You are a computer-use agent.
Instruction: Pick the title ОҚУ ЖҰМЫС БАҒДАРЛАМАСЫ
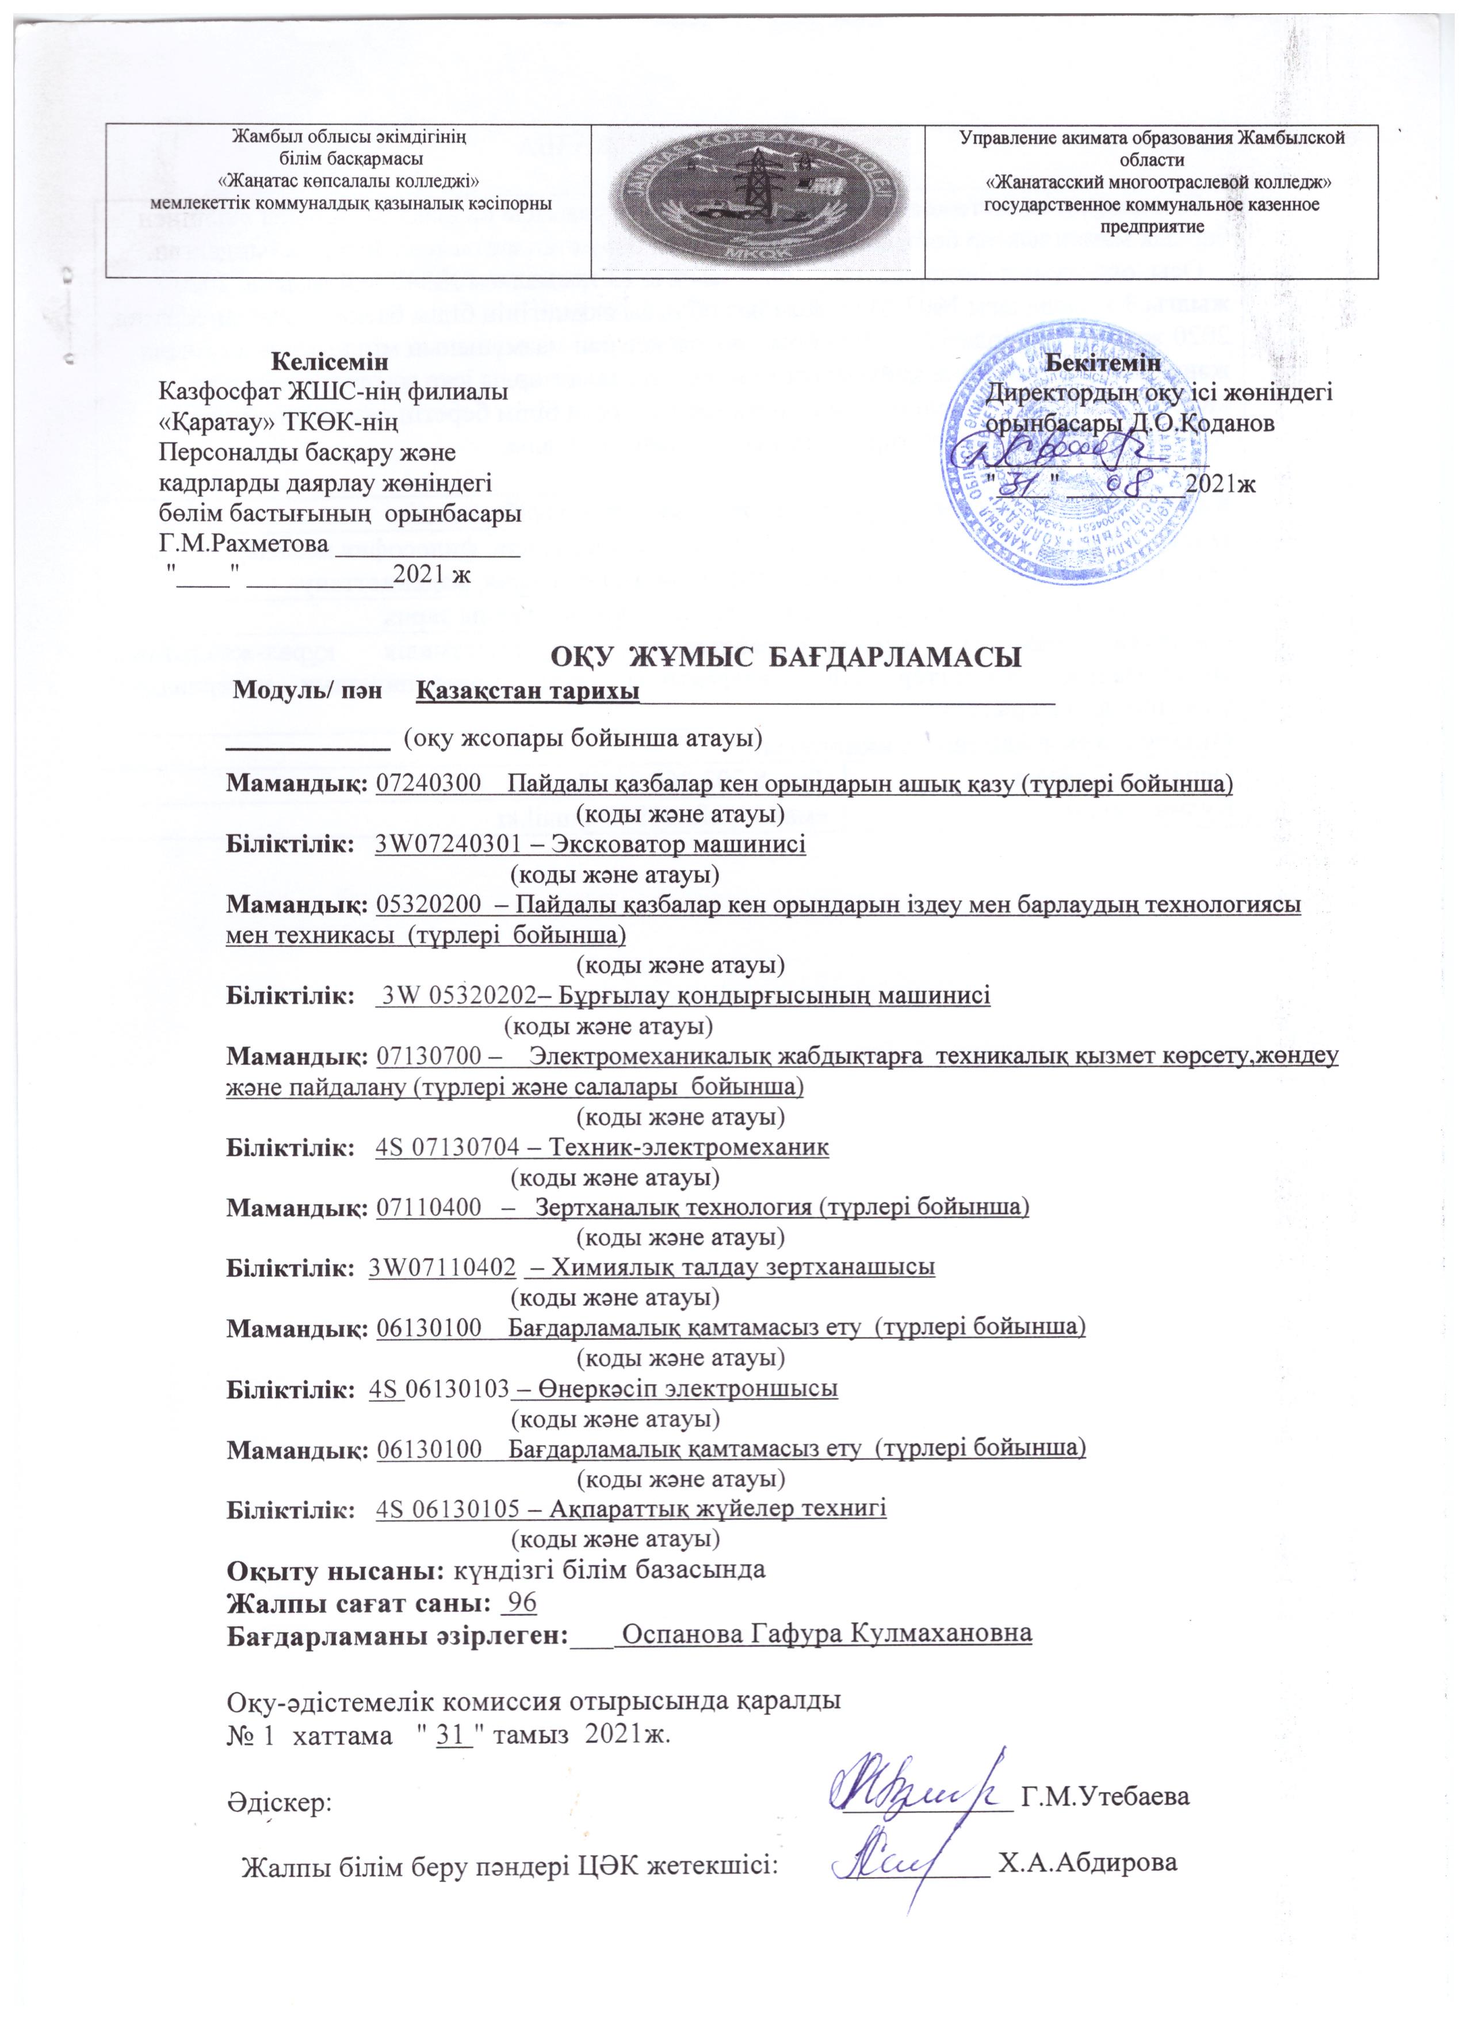tap(784, 660)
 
